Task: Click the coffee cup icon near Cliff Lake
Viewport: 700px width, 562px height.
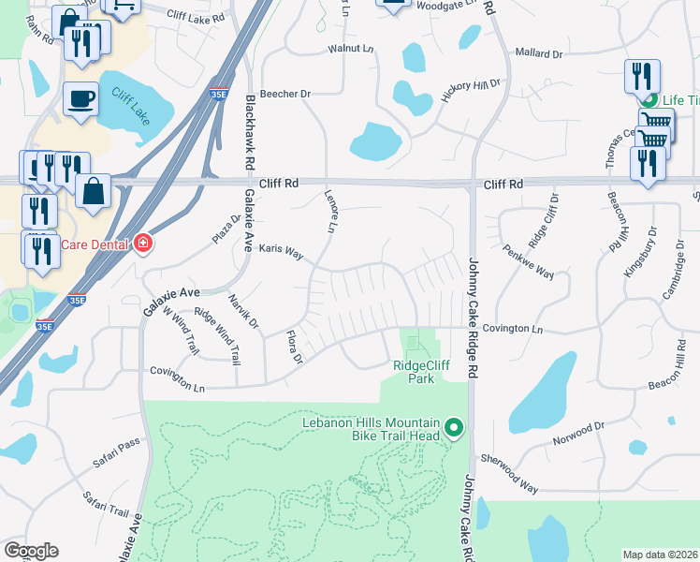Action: [x=81, y=98]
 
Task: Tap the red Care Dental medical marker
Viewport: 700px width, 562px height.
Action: [x=142, y=244]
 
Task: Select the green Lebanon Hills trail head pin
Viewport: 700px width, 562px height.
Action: [x=454, y=430]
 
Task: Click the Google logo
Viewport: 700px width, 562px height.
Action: [x=31, y=551]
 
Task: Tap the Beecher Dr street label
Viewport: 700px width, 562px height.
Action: [x=284, y=95]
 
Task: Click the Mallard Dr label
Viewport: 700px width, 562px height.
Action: [x=538, y=54]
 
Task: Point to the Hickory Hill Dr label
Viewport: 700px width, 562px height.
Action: [x=471, y=96]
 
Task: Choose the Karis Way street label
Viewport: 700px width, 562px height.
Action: [x=282, y=252]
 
